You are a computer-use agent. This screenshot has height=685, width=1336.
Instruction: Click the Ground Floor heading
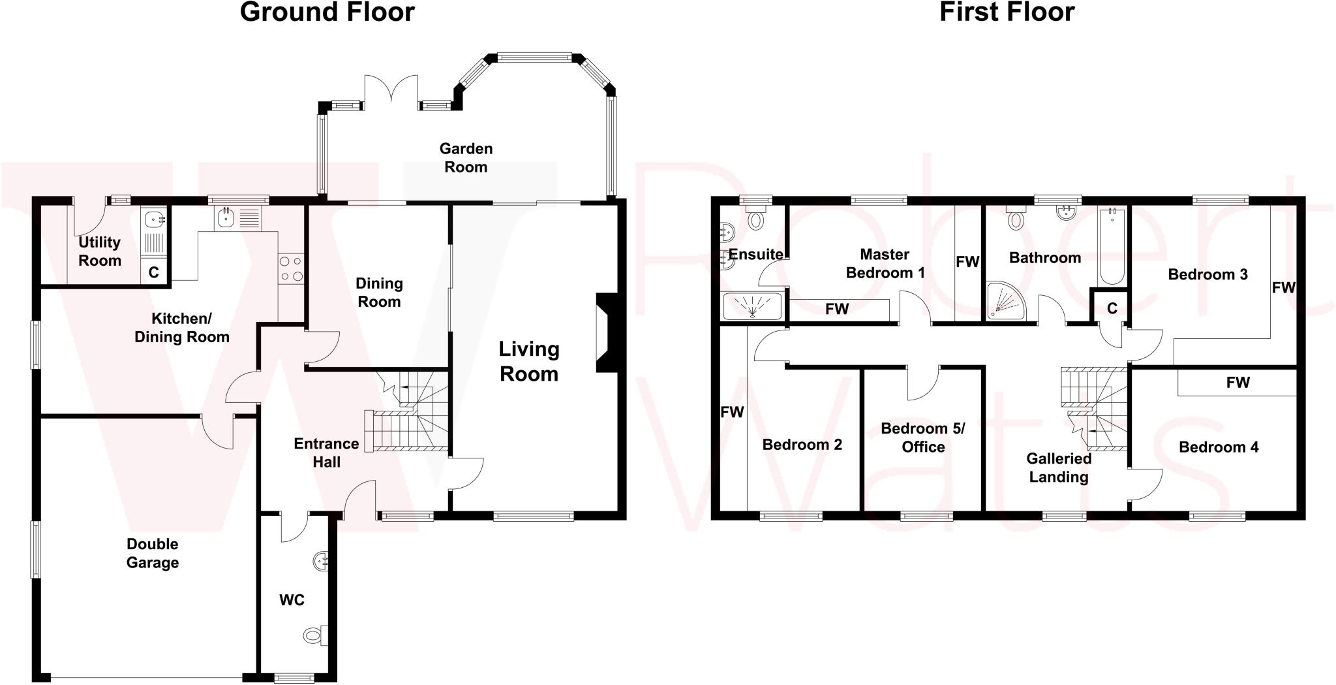coord(327,12)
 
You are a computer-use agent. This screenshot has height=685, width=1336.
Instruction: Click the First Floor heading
coord(1006,12)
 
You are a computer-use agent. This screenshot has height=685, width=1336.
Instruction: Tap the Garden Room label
coord(466,158)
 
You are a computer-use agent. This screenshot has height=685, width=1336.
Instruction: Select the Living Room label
coord(528,361)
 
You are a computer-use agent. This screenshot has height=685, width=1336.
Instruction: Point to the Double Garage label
coord(153,553)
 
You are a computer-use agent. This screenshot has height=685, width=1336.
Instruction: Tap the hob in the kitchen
coord(291,268)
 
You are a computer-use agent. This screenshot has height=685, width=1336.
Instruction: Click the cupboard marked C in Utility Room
coord(154,272)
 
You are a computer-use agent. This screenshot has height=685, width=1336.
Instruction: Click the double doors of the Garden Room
coord(391,89)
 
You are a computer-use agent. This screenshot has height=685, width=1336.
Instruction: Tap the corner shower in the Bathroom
coord(1005,301)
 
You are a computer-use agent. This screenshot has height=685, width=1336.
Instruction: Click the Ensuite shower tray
coord(752,306)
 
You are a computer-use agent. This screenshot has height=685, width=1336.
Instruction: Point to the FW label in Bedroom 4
coord(1237,383)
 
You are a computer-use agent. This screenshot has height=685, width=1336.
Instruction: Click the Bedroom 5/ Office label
coord(922,438)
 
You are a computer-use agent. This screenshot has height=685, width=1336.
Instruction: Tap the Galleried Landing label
coord(1058,468)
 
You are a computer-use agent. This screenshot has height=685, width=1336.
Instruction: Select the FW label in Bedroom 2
coord(732,412)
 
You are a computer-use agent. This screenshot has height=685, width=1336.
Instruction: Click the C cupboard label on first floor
coord(1112,308)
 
